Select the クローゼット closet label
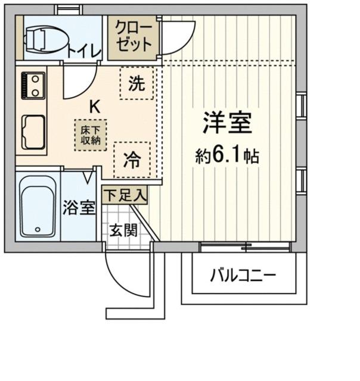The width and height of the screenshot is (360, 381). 134,36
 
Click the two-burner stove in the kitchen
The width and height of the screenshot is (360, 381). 33,85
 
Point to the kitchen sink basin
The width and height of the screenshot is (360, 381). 33,132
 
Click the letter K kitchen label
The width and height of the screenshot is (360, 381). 95,107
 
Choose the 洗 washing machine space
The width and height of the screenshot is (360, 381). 136,83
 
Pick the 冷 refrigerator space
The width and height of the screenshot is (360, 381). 132,160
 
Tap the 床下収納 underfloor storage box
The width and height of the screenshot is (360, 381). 91,135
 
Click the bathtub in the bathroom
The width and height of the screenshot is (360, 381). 38,207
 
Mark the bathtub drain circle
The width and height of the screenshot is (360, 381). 38,229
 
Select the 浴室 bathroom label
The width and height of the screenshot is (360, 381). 79,208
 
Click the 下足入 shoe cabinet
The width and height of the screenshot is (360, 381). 125,195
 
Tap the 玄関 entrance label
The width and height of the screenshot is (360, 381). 123,230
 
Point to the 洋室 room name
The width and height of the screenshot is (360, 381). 228,123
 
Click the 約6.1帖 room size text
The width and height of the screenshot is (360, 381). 227,156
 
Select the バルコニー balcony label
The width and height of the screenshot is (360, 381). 243,275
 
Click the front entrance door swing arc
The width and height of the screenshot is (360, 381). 118,283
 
